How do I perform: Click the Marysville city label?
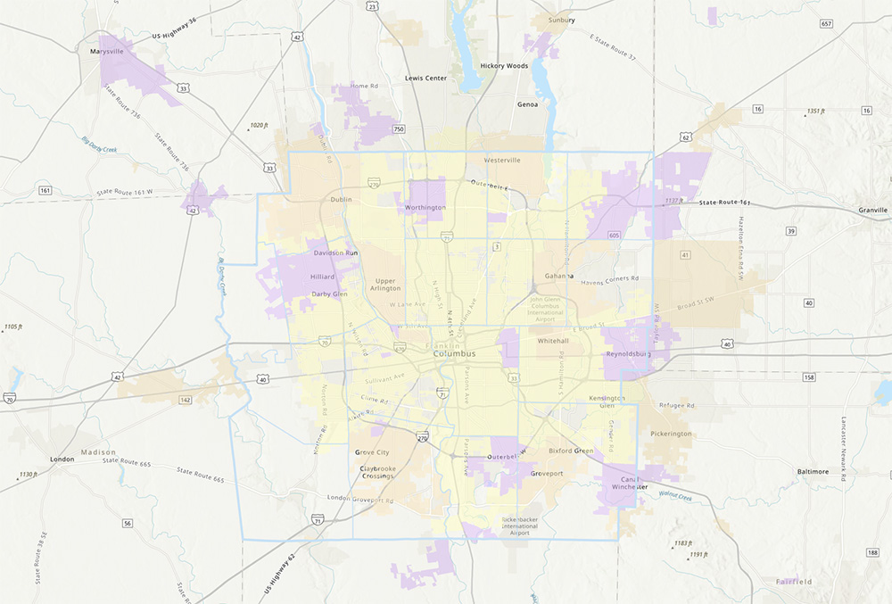[106, 52]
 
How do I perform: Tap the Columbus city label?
[454, 354]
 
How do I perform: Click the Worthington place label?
[425, 207]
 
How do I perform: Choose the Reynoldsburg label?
[631, 354]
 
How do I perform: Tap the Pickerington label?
[671, 434]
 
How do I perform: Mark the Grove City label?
[372, 453]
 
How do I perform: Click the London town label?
[62, 459]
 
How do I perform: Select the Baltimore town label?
[813, 470]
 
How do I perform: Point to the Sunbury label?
[562, 19]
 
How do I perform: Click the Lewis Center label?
[425, 79]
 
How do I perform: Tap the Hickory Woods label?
[504, 66]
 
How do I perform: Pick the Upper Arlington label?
[386, 284]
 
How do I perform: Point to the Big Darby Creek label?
[99, 145]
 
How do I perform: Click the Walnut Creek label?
[675, 496]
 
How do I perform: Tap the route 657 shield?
[826, 23]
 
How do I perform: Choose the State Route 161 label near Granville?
[722, 203]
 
